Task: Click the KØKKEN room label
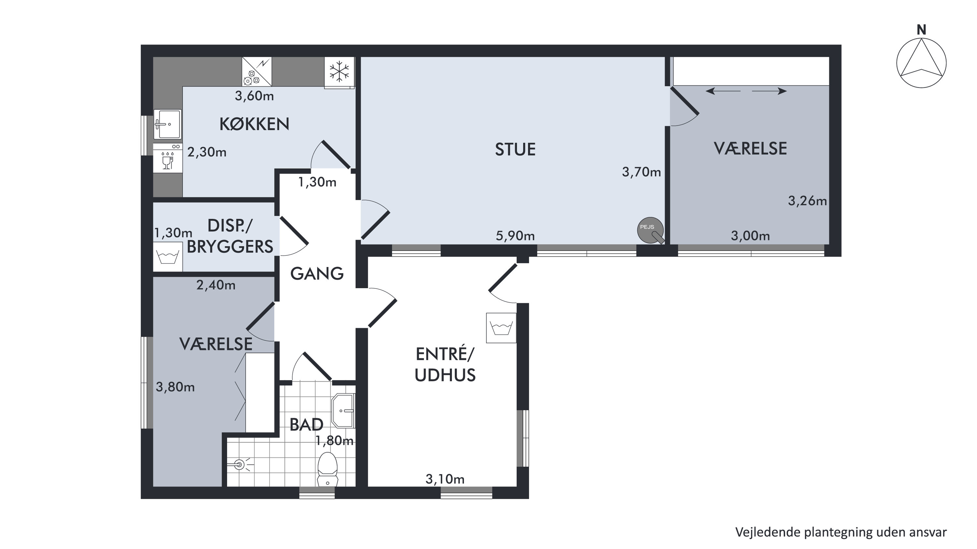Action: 254,124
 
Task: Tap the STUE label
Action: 515,149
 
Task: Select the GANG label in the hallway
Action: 317,274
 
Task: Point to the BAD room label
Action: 306,425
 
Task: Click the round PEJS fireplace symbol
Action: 650,230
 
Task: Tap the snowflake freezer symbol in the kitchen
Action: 339,72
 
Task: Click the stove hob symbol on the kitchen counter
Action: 257,72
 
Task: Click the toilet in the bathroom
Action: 327,469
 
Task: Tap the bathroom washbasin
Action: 343,411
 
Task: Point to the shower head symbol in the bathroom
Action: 240,464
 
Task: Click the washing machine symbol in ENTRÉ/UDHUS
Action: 501,328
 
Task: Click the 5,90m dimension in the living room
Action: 515,236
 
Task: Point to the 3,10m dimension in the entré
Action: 445,479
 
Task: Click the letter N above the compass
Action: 921,30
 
